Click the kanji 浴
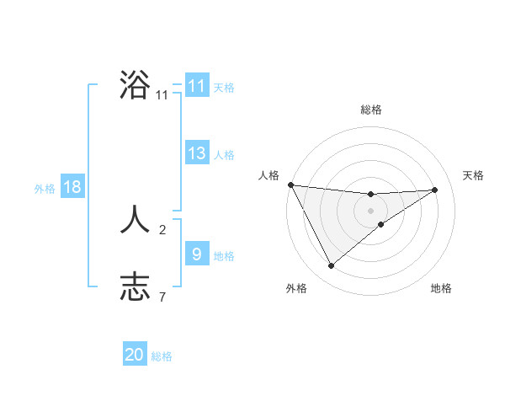pos(136,85)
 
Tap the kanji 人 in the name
pos(136,221)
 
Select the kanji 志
pos(136,287)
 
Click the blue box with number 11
pos(196,86)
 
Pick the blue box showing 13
pos(196,153)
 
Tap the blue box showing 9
pos(196,254)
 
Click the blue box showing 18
pos(72,187)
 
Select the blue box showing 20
pos(135,355)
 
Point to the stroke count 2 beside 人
pos(162,229)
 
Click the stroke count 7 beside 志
pos(162,297)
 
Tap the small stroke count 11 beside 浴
pos(162,95)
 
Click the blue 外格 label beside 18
pos(45,189)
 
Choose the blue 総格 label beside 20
pos(162,356)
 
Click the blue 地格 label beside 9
pos(224,255)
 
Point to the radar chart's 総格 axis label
pos(371,110)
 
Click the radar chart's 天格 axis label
pos(474,175)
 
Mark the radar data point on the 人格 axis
pos(290,185)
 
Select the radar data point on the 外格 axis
pos(331,266)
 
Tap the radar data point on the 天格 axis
pos(435,190)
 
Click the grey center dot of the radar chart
pos(371,211)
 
